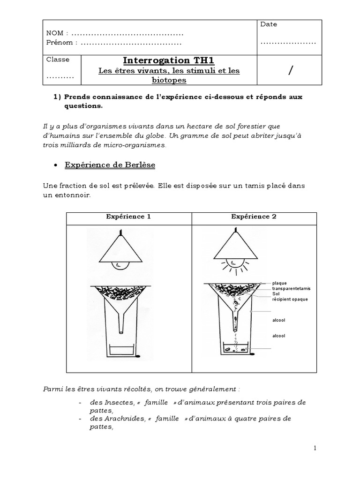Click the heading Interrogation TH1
coord(168,60)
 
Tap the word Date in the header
coord(269,24)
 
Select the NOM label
coord(54,34)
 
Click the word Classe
coord(58,60)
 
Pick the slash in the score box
coord(291,70)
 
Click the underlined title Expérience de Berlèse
coord(103,165)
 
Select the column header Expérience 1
coord(128,217)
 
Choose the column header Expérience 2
coord(254,217)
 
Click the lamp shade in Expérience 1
coord(120,248)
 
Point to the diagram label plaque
coord(280,283)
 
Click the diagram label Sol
coord(276,294)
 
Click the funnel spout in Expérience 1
coord(120,323)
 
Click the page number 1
coord(315,448)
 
